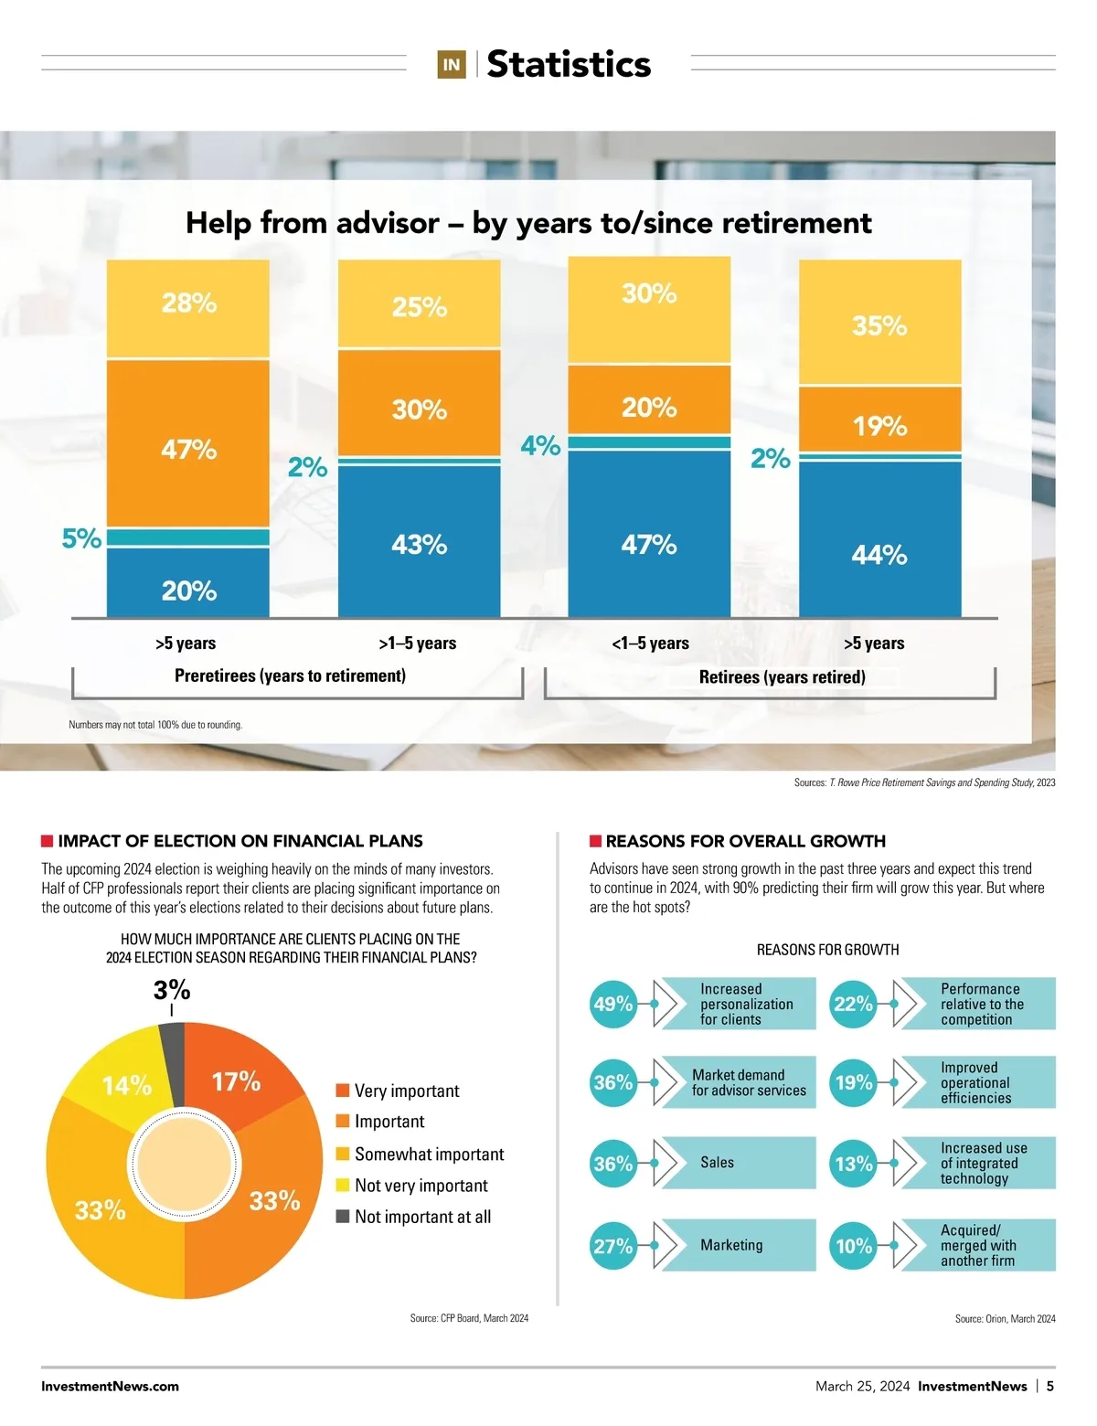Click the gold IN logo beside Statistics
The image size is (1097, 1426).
point(452,65)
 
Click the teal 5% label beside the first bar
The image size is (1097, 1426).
point(81,538)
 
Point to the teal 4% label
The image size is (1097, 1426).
point(540,445)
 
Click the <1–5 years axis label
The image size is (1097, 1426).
point(650,644)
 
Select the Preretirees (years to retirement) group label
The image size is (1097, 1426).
point(290,676)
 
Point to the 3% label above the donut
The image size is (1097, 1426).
point(172,990)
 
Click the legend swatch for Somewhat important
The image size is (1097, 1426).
point(343,1154)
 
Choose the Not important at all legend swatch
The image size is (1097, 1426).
point(343,1217)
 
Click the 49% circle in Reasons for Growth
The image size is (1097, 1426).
point(613,1004)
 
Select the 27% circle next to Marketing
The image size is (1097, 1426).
point(613,1246)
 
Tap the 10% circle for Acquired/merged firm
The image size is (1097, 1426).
point(854,1246)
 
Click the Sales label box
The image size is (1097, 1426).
point(737,1163)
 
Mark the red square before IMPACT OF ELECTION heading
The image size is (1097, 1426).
point(47,841)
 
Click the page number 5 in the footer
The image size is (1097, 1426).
point(1050,1386)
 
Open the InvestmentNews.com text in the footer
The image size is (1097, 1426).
point(110,1386)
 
